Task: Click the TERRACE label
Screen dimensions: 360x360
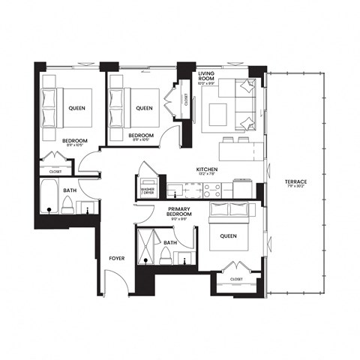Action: (x=295, y=181)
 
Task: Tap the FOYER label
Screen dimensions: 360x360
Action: (x=117, y=259)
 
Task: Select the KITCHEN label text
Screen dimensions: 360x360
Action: (x=207, y=170)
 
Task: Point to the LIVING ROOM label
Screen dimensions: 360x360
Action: (x=207, y=76)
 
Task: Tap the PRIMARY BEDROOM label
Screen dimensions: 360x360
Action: (x=180, y=211)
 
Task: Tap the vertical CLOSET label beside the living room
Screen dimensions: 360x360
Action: (x=186, y=99)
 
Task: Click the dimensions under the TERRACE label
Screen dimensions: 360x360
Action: (x=295, y=187)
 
